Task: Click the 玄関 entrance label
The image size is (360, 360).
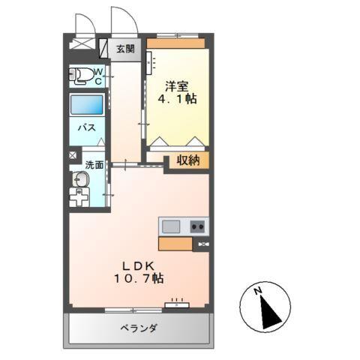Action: tap(124, 49)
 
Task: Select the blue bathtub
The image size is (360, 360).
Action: tap(87, 104)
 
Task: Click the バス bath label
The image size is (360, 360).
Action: tap(86, 127)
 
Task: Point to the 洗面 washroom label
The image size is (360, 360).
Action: tap(93, 164)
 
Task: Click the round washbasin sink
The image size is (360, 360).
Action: tap(80, 180)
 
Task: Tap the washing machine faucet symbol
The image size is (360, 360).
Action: tap(78, 199)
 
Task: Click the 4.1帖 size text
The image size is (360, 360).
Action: tap(177, 98)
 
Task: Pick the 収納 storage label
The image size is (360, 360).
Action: tap(187, 160)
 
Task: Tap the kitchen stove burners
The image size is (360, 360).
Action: tap(198, 226)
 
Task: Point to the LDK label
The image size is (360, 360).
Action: tap(138, 265)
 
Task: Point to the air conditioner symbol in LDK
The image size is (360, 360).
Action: tap(177, 304)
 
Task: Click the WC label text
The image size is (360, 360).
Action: tap(98, 76)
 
